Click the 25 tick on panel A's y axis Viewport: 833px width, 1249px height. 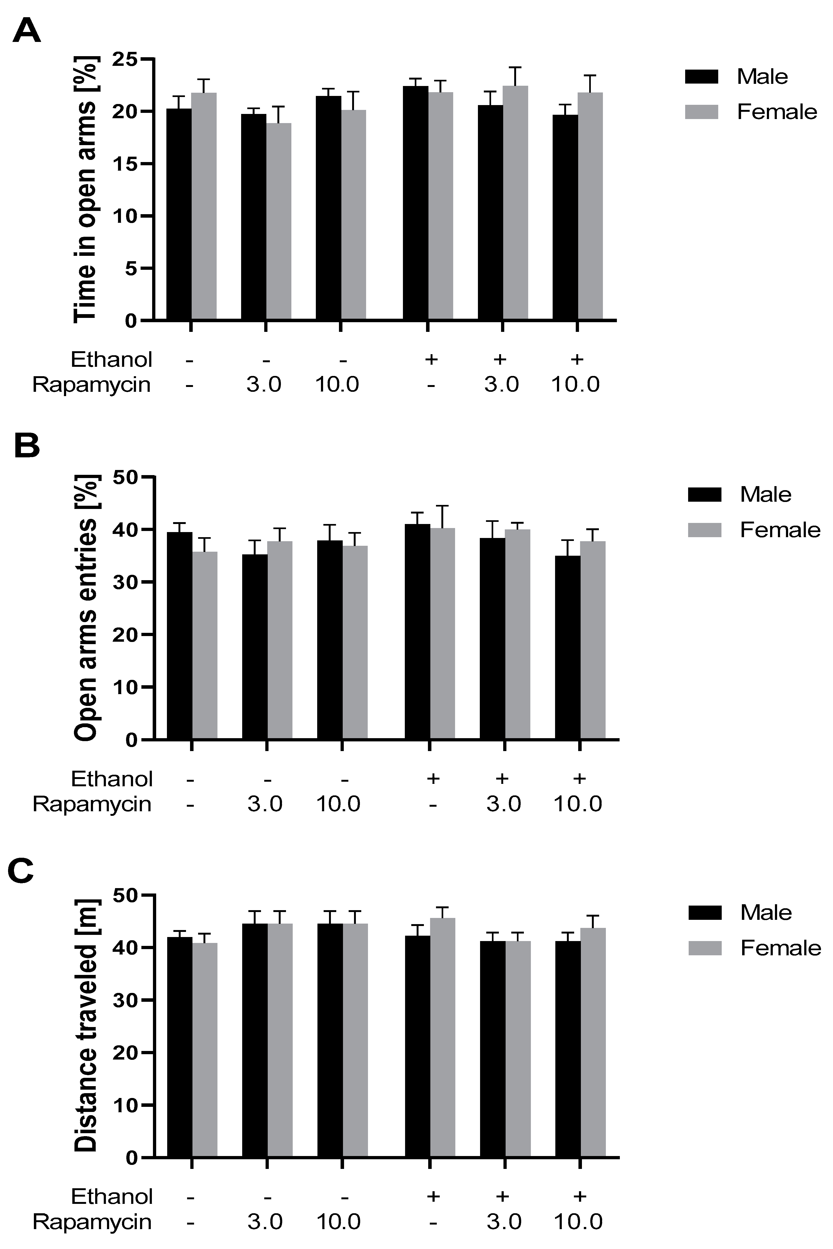pyautogui.click(x=124, y=59)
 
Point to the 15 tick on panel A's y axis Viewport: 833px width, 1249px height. pyautogui.click(x=124, y=164)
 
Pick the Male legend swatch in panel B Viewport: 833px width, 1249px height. pyautogui.click(x=705, y=494)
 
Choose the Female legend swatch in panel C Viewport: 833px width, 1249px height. pyautogui.click(x=705, y=948)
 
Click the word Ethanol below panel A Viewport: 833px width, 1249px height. pyautogui.click(x=112, y=360)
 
